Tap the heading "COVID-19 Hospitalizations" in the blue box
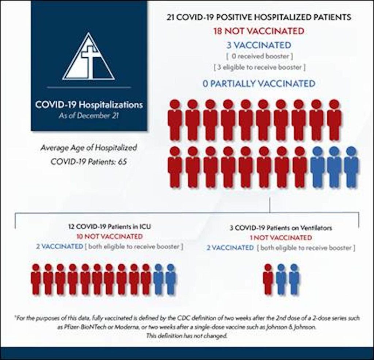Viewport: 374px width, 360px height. pos(89,105)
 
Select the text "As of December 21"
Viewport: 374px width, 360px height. pos(89,116)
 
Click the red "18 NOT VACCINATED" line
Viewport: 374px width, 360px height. pos(259,31)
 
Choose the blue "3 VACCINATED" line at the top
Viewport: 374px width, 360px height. pos(259,45)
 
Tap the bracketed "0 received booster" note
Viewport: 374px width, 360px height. pos(259,57)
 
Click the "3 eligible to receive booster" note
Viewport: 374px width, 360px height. pos(259,67)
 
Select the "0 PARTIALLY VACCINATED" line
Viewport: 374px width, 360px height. pos(259,84)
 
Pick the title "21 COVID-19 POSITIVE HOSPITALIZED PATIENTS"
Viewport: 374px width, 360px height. pos(259,17)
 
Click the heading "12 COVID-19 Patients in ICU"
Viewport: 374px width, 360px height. pos(109,227)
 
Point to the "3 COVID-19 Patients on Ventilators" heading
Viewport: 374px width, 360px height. pos(281,228)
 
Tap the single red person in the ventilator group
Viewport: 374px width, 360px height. pos(268,279)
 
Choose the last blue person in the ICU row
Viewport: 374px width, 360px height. pos(171,279)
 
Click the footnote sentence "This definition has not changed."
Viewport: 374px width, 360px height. pos(187,336)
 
